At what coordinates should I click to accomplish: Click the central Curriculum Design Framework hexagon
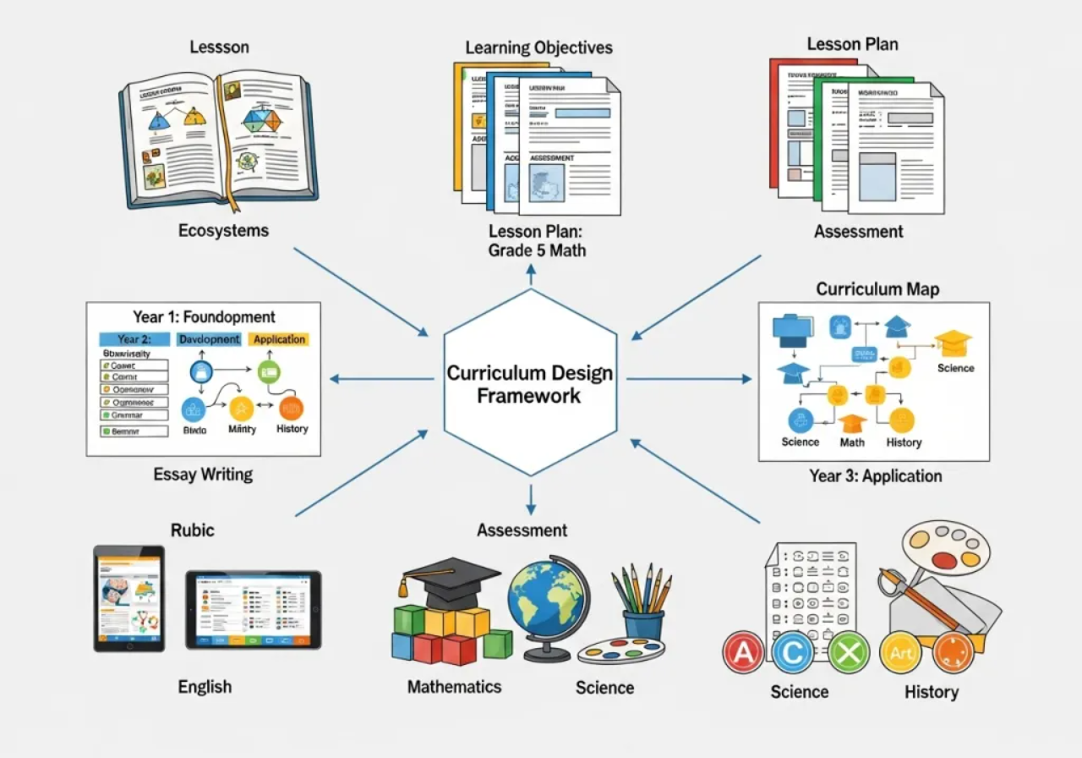(x=530, y=383)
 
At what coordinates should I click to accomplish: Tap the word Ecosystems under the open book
(x=223, y=230)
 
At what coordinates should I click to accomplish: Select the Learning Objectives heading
(x=538, y=47)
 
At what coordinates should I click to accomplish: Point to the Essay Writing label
(x=203, y=474)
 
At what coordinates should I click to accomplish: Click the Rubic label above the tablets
(x=193, y=530)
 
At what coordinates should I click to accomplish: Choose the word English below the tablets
(x=205, y=686)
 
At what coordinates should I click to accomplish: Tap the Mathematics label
(x=454, y=686)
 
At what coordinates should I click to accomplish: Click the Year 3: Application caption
(x=875, y=475)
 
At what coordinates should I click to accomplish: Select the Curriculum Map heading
(x=877, y=289)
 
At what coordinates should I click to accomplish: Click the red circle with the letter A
(x=744, y=652)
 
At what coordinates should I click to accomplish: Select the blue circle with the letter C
(x=793, y=652)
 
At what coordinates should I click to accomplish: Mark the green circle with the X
(x=848, y=652)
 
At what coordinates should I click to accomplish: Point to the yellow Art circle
(x=900, y=652)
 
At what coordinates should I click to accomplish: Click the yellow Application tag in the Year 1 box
(x=279, y=339)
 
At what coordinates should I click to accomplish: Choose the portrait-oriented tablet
(x=129, y=598)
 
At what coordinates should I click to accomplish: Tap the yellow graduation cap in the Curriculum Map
(x=953, y=342)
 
